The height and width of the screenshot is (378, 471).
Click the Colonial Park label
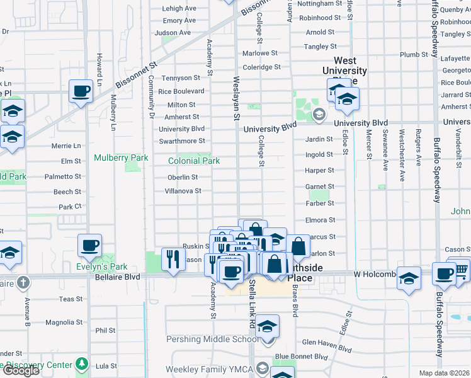click(194, 161)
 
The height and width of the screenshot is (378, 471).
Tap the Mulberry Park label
click(121, 157)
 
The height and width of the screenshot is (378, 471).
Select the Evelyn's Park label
click(102, 266)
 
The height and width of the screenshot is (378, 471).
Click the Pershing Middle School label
click(205, 340)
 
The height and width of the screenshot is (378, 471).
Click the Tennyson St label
click(181, 78)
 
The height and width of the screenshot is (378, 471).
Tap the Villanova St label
click(183, 191)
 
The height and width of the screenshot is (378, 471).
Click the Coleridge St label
click(261, 67)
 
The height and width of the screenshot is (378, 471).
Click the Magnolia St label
click(64, 323)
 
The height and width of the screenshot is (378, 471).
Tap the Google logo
click(20, 370)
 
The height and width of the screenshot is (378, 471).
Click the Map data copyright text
click(445, 373)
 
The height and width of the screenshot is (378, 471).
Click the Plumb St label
click(414, 55)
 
